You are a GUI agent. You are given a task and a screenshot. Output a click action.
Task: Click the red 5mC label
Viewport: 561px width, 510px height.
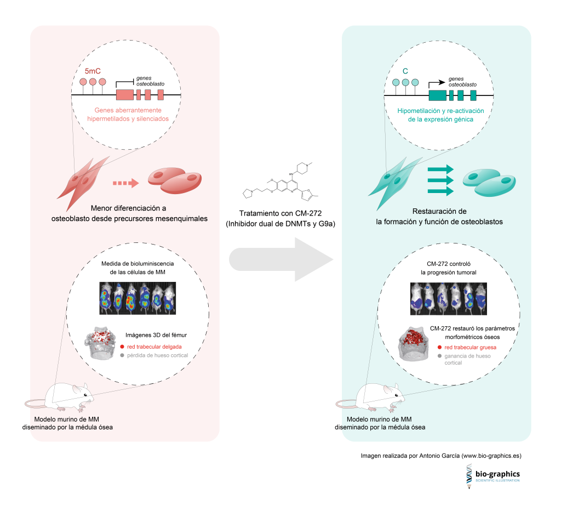pos(93,71)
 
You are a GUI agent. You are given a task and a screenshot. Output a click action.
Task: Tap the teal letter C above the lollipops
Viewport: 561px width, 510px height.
pos(405,71)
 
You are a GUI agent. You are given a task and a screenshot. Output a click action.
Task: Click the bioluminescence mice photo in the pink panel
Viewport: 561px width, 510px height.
pos(138,298)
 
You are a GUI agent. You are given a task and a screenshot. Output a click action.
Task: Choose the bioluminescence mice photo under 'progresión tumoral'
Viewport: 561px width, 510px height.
pos(448,299)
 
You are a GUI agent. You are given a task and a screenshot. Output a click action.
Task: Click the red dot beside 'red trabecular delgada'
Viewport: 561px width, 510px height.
pos(121,347)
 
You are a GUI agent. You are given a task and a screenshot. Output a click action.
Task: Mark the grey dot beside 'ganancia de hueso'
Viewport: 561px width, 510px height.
pos(439,356)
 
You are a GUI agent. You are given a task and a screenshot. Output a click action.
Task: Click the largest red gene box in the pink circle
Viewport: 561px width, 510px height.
pos(124,94)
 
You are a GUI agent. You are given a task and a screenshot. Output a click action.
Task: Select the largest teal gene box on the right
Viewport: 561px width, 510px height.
pos(437,94)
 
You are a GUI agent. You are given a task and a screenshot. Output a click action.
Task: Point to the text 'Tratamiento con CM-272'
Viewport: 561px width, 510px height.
pos(280,214)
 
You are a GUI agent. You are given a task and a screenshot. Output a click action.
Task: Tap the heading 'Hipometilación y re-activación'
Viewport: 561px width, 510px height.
pos(440,111)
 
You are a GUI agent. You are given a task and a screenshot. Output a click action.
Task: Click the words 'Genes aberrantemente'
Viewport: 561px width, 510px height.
pos(127,110)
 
